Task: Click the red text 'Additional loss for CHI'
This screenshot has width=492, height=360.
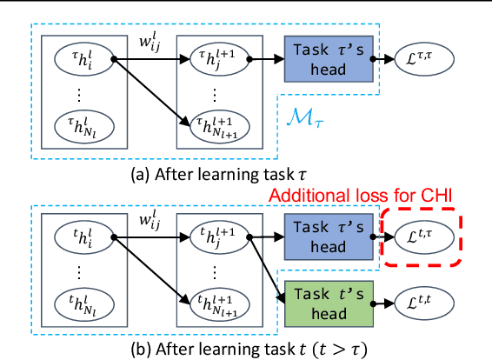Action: pyautogui.click(x=362, y=197)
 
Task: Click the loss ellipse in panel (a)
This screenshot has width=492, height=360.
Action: pyautogui.click(x=424, y=58)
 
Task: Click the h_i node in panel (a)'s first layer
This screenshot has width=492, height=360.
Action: pyautogui.click(x=80, y=59)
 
